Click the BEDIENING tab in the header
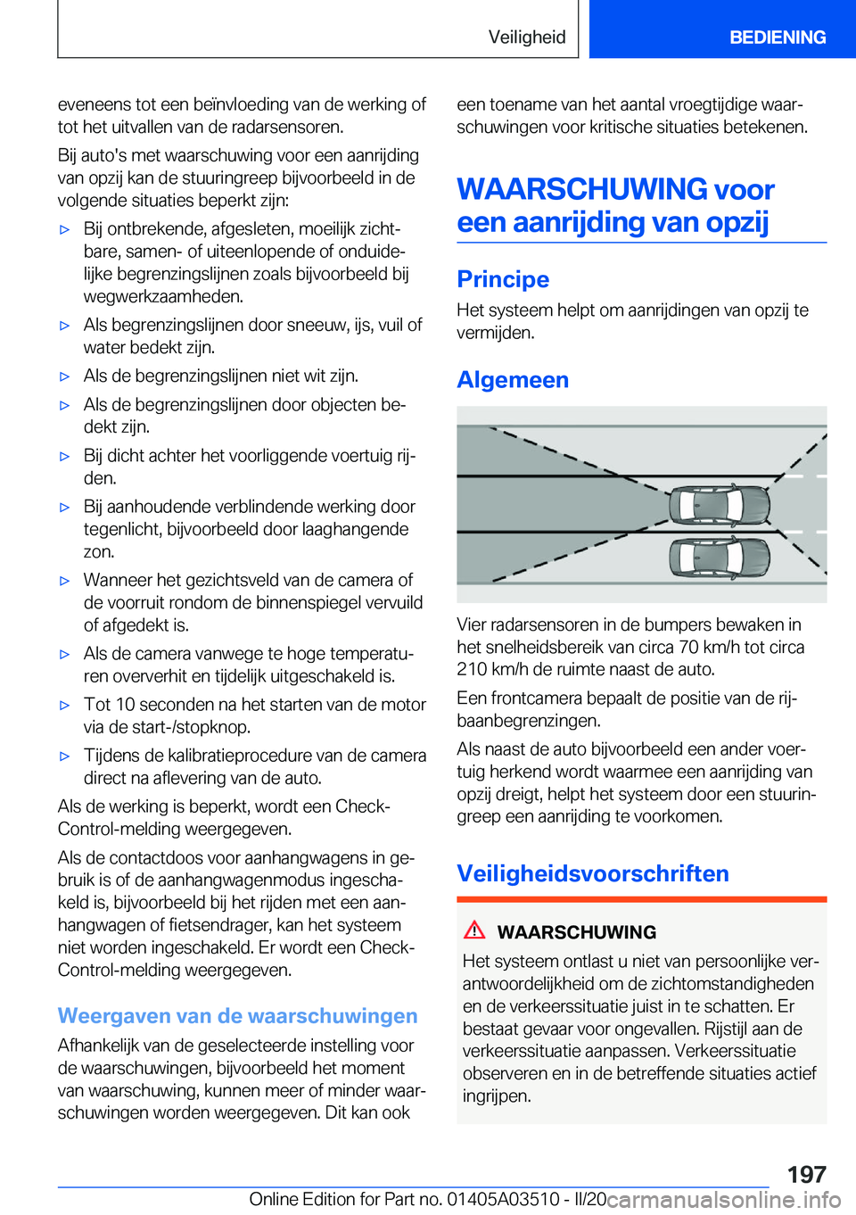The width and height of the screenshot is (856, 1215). (777, 37)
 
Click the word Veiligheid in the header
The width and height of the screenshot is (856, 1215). (526, 37)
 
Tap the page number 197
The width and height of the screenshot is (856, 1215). (806, 1174)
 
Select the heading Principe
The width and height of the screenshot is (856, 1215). (503, 279)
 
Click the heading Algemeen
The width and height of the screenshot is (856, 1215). (513, 380)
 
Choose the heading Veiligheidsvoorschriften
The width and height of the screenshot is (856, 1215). (593, 873)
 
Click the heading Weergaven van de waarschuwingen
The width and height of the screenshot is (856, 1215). (237, 1016)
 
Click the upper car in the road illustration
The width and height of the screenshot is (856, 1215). (719, 506)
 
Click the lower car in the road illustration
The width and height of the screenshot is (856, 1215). (719, 558)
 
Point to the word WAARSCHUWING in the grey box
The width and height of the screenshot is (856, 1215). (576, 932)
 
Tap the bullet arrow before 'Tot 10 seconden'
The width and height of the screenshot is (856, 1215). (64, 706)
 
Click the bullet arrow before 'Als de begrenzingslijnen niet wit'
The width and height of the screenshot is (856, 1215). (64, 377)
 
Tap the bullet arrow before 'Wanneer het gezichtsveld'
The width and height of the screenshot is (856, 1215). (64, 581)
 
